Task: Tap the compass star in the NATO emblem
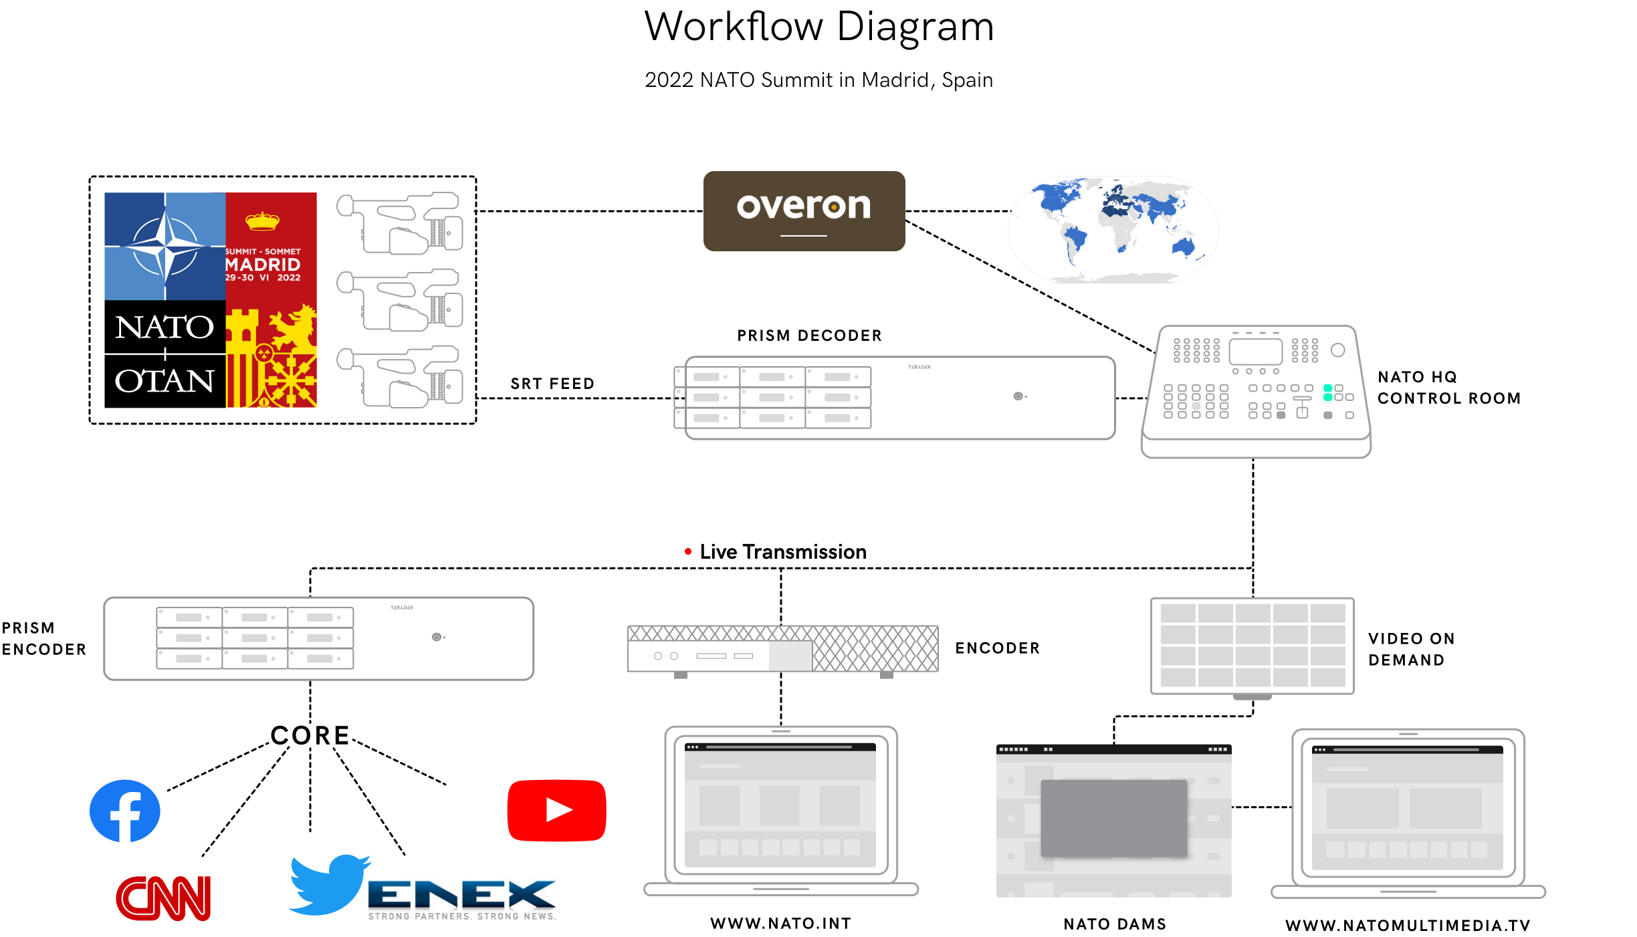(x=165, y=247)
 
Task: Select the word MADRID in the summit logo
(x=263, y=265)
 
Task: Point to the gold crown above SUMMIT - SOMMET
(x=262, y=220)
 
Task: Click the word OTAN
(x=165, y=381)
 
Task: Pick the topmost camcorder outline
(x=400, y=224)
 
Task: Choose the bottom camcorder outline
(x=400, y=376)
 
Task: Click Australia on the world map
(x=1184, y=247)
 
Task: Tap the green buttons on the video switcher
(x=1328, y=392)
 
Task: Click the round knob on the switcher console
(x=1338, y=350)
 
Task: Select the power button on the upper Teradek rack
(x=1018, y=396)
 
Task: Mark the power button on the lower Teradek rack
(x=436, y=637)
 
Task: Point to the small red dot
(x=688, y=551)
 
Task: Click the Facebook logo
(x=125, y=811)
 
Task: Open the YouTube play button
(x=558, y=810)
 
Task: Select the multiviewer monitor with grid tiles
(x=1252, y=646)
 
